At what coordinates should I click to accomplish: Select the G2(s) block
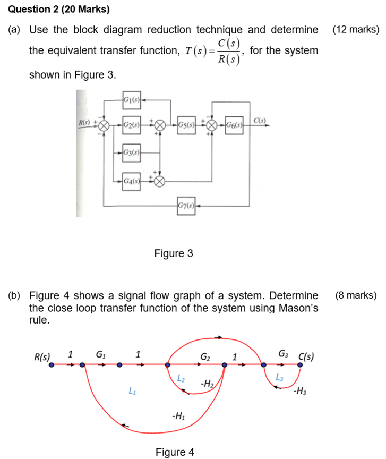(x=131, y=125)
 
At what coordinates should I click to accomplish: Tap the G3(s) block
(x=131, y=153)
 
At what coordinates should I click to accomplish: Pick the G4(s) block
(x=131, y=180)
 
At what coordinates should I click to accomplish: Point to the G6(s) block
(x=233, y=125)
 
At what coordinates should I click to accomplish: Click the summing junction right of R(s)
(x=105, y=125)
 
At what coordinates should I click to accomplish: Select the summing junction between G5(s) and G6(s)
(x=211, y=125)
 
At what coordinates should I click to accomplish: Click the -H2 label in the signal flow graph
(x=207, y=382)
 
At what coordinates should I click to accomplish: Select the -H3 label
(x=299, y=393)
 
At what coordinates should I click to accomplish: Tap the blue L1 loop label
(x=131, y=392)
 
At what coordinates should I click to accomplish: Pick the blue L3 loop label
(x=280, y=377)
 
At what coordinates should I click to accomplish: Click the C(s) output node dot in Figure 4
(x=300, y=364)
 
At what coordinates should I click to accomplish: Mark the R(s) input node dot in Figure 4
(x=51, y=364)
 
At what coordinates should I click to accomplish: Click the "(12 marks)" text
(x=355, y=30)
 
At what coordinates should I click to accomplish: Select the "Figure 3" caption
(x=173, y=254)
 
